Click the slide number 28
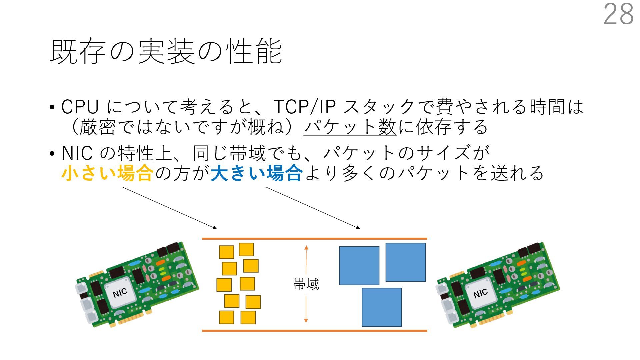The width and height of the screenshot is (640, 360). (618, 14)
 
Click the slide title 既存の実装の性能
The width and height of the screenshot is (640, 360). (166, 52)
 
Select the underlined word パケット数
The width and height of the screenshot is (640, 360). (350, 127)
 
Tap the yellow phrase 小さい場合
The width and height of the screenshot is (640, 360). (107, 173)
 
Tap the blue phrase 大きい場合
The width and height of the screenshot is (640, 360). (257, 173)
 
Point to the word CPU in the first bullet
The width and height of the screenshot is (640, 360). (80, 107)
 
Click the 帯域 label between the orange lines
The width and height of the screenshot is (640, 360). (306, 284)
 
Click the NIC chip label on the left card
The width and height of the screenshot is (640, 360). (120, 293)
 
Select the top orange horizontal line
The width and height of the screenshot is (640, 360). (314, 239)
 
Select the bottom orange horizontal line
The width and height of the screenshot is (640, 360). (314, 331)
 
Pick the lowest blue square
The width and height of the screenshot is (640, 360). (382, 307)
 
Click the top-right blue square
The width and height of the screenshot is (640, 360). (406, 262)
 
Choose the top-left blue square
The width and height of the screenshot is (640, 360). (359, 266)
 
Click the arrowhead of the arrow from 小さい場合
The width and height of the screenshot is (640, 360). (215, 228)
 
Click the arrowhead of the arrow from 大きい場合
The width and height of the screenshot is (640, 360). (358, 228)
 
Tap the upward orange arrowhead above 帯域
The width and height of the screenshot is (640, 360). (306, 248)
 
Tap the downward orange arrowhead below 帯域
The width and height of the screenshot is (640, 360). (306, 321)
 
